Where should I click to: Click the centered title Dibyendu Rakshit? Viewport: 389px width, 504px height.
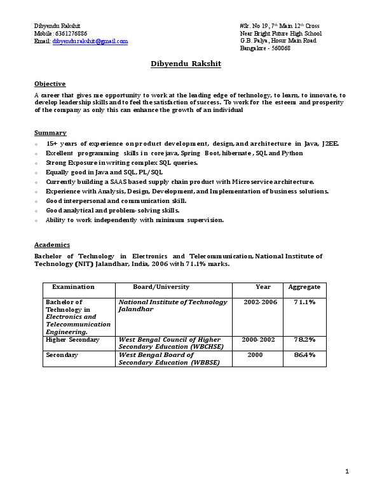coord(186,64)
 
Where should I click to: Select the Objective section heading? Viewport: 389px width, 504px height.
coord(50,84)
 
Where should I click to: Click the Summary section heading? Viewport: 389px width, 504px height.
coord(50,133)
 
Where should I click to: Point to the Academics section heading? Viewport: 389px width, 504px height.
coord(52,245)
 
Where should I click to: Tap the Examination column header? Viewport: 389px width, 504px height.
coord(73,288)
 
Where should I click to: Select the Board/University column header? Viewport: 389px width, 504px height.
coord(161,288)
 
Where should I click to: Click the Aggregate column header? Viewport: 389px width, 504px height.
coord(304,288)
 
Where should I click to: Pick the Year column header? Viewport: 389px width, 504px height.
coord(263,288)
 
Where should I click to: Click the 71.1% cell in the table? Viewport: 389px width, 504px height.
coord(304,302)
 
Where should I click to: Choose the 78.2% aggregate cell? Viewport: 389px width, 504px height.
coord(304,340)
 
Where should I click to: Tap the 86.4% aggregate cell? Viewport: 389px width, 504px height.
coord(304,355)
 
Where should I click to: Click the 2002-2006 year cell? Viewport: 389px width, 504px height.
coord(261,302)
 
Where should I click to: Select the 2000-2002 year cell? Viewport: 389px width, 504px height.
coord(258,340)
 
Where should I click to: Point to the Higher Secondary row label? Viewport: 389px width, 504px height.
coord(72,340)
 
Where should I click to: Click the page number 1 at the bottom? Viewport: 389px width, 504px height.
coord(347,472)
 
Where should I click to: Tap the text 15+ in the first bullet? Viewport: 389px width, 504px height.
coord(51,144)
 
